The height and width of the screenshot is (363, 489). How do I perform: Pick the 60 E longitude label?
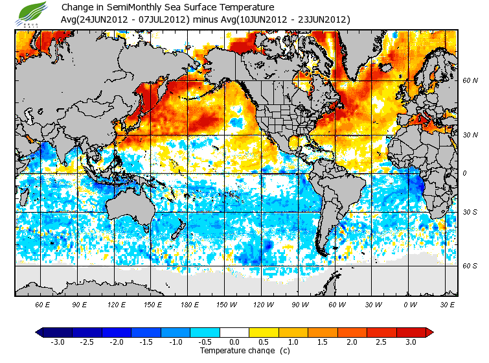43,305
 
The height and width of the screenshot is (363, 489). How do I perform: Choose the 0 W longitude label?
409,305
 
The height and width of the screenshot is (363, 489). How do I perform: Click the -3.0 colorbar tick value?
57,342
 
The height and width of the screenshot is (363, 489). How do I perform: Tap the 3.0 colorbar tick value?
410,342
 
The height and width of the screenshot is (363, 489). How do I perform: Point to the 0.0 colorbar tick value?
233,342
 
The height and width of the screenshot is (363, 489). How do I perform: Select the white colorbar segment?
234,332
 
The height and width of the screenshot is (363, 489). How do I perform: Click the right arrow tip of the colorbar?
429,332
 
